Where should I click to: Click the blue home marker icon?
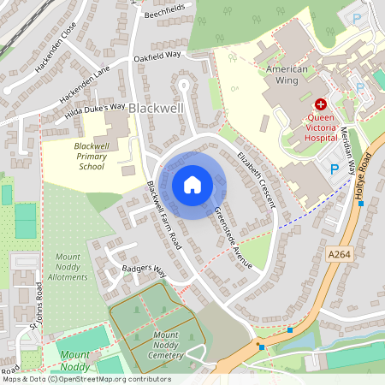pos(192,184)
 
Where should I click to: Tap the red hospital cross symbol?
pos(322,102)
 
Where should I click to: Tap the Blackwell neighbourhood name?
pos(155,109)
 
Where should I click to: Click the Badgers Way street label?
pos(142,268)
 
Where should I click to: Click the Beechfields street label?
pos(164,10)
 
